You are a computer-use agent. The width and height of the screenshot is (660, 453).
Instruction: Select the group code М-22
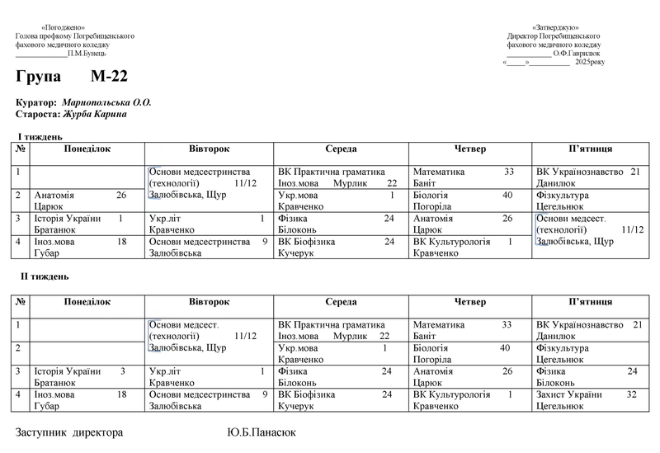109,78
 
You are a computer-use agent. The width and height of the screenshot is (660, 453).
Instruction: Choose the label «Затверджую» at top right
554,28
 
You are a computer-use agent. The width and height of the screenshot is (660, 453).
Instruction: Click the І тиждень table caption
40,136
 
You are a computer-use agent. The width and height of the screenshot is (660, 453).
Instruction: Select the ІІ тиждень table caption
45,276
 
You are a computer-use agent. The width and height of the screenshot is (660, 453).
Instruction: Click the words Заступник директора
69,432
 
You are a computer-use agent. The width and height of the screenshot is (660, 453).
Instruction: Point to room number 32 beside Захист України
632,395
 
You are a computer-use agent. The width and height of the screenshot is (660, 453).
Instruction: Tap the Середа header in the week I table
341,149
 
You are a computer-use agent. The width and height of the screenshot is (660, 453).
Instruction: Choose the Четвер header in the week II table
470,303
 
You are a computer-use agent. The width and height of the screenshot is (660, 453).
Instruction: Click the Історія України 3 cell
78,376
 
